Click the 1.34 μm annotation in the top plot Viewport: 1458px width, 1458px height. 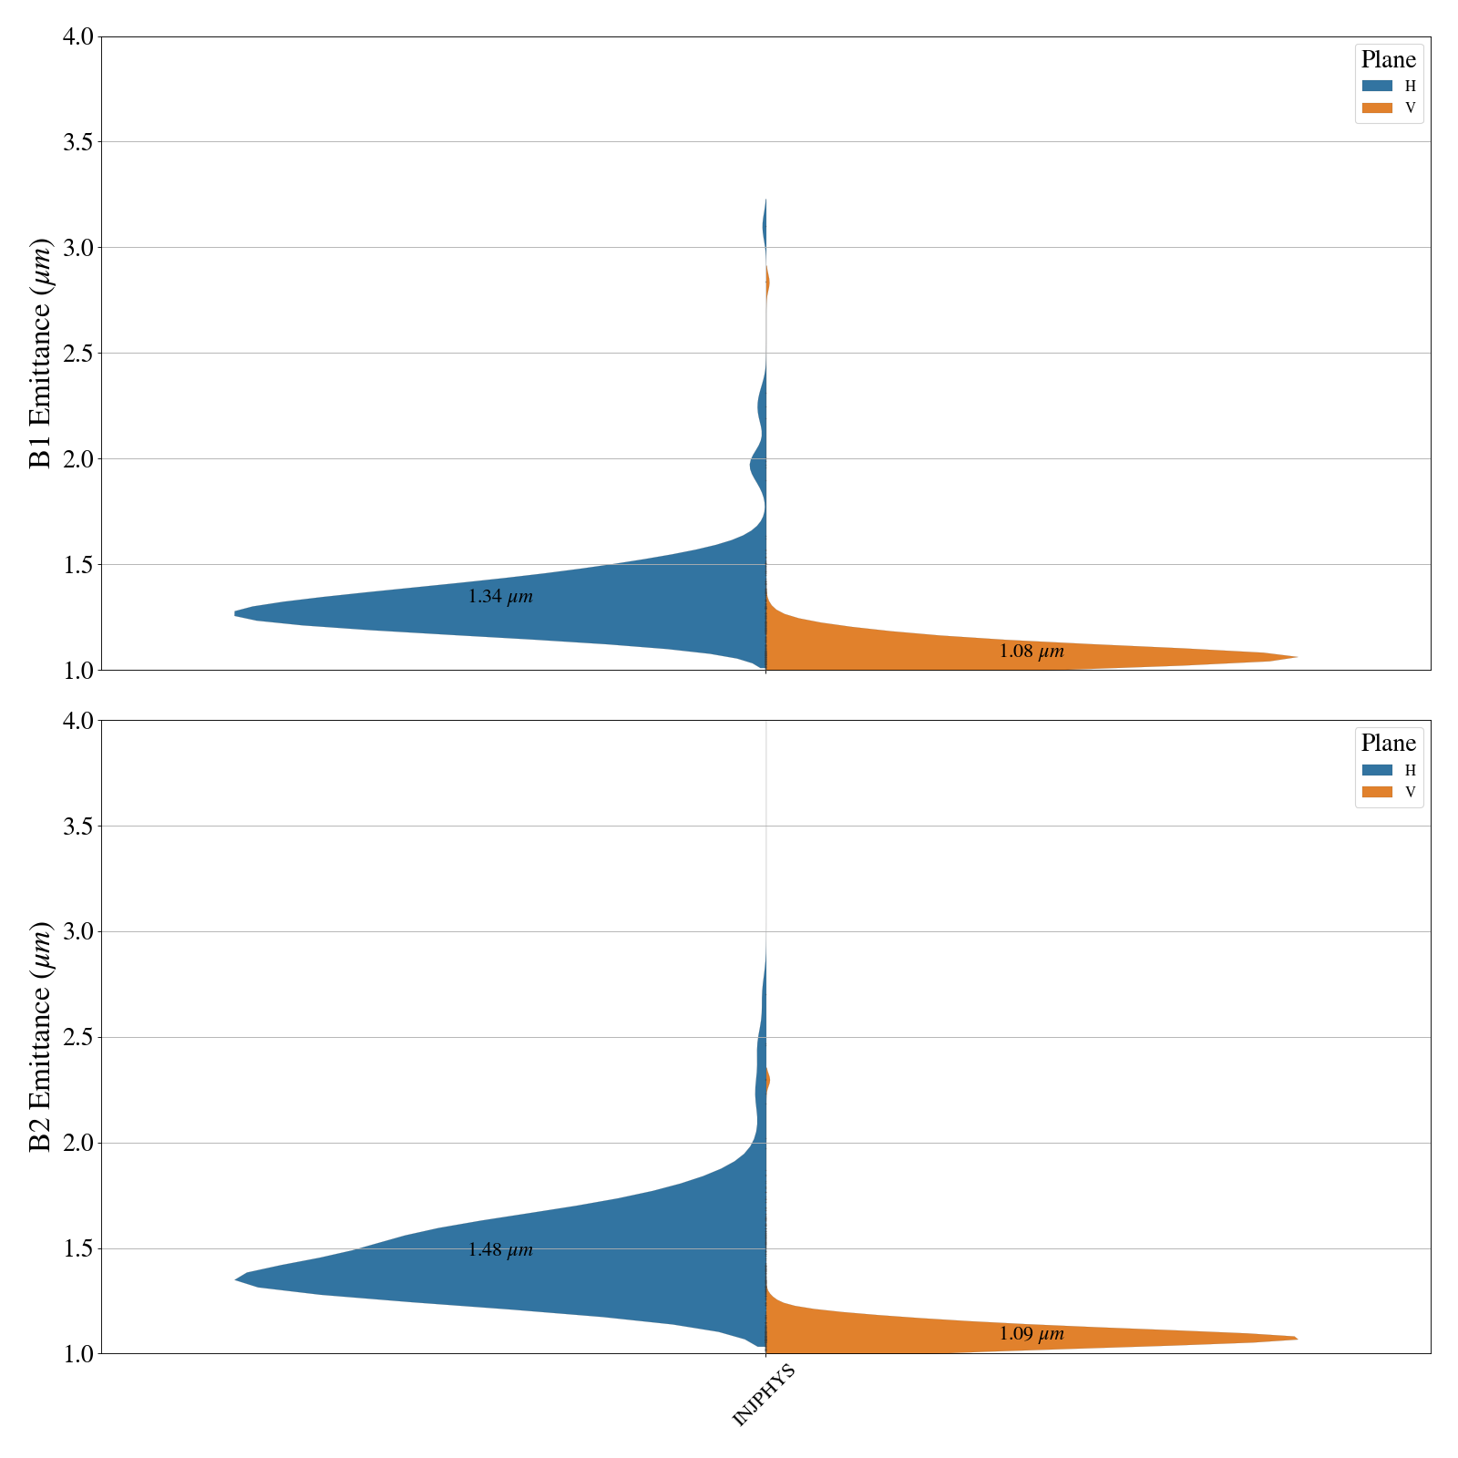499,598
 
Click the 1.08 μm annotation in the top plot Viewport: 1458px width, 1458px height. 1031,652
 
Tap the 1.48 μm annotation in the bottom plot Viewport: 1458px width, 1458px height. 499,1250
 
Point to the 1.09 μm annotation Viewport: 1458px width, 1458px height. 1031,1334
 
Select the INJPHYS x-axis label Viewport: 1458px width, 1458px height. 765,1395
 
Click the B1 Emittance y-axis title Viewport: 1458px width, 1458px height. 41,353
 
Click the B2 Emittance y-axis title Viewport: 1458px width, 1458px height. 41,1036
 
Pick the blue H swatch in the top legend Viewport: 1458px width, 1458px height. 1377,86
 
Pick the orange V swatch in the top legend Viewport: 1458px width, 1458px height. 1377,108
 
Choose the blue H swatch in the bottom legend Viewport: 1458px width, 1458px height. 1377,770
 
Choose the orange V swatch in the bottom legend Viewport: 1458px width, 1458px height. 1377,792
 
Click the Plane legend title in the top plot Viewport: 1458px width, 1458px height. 1388,60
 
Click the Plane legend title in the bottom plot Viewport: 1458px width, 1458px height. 1388,744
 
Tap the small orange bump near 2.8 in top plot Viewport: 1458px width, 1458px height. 767,283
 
